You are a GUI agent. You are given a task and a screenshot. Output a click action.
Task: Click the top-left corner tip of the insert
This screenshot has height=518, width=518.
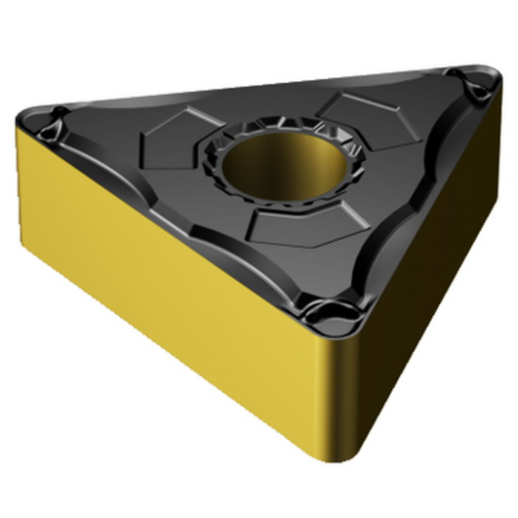23,117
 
